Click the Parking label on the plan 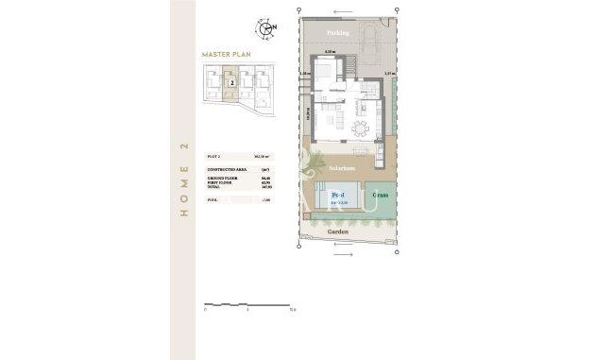click(338, 32)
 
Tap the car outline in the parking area click(370, 42)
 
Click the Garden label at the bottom click(337, 231)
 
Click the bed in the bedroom click(324, 70)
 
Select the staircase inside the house click(349, 67)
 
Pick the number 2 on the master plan click(231, 83)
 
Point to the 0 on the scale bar click(206, 310)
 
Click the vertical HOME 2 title click(182, 180)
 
